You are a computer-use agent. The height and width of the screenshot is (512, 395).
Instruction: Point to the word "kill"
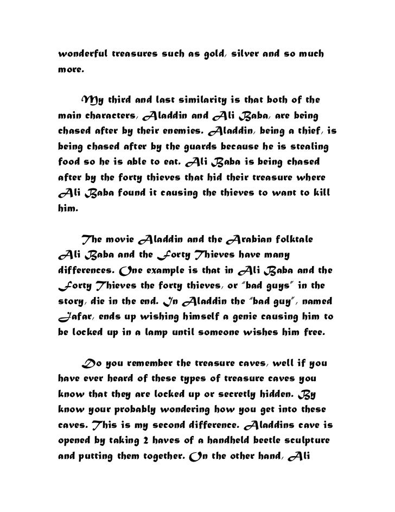click(322, 194)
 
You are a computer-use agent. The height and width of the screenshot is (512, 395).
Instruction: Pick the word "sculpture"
click(318, 439)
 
